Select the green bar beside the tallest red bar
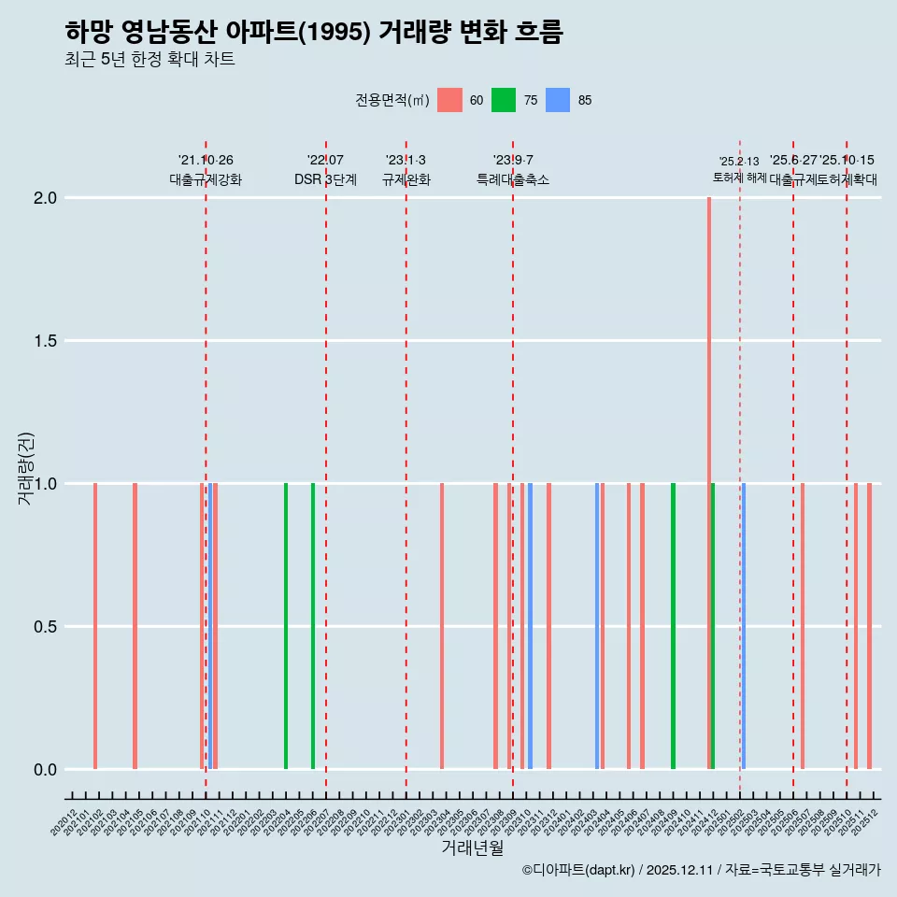pos(713,625)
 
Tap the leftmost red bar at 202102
pos(95,625)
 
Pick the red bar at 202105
pos(135,625)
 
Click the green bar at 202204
pos(286,625)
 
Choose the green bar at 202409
pos(673,625)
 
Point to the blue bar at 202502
pos(743,625)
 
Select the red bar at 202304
pos(442,625)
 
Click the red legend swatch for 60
pos(449,100)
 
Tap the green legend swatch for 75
pos(504,100)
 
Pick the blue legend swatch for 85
pos(558,100)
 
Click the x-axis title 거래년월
pos(472,848)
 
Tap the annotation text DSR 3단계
pos(325,180)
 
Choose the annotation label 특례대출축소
pos(513,180)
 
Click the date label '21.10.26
pos(206,161)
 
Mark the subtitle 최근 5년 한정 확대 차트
pos(149,60)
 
